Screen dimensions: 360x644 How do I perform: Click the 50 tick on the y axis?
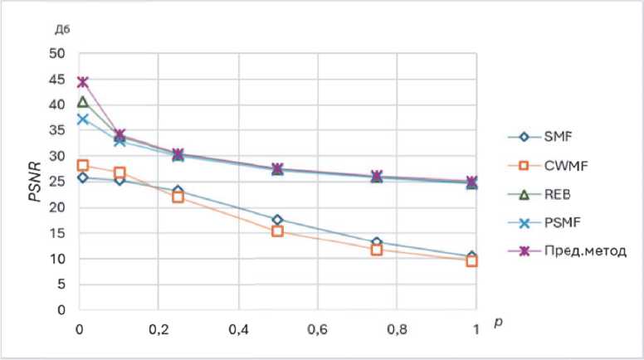[57, 54]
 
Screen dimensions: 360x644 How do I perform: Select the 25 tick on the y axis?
[57, 182]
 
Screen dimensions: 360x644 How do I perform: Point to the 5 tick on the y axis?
[61, 284]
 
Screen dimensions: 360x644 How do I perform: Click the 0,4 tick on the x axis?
[239, 328]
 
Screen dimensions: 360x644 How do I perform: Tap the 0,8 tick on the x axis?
[396, 328]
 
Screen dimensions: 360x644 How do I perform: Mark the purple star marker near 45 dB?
[82, 82]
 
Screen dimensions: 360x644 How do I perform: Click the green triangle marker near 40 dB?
[82, 102]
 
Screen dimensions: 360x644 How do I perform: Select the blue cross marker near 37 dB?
[82, 119]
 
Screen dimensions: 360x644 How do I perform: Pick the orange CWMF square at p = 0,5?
[278, 231]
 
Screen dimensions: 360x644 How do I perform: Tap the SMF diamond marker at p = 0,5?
[278, 220]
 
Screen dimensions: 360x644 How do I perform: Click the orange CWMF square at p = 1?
[472, 260]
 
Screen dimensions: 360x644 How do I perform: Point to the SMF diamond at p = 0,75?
[376, 243]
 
